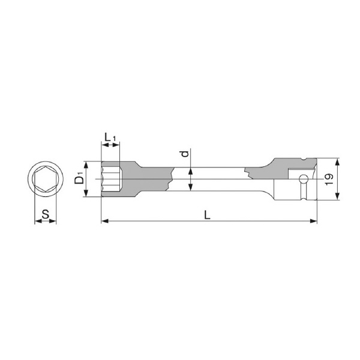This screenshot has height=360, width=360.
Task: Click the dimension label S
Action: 46,214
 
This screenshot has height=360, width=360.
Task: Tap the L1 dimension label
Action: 110,138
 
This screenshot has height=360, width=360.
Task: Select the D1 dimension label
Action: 79,180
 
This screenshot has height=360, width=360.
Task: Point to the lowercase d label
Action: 185,154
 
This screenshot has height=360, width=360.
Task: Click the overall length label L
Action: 207,215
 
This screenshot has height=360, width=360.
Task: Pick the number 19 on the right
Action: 329,179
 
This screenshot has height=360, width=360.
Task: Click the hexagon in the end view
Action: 45,179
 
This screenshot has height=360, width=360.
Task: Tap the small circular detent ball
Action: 304,179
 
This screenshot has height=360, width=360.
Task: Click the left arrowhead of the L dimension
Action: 105,221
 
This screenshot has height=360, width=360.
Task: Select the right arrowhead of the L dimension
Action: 313,221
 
